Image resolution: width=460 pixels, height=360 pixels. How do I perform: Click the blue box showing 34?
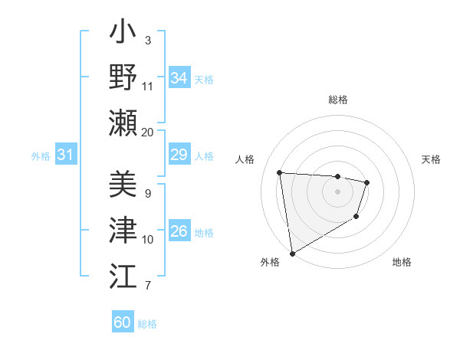[179, 78]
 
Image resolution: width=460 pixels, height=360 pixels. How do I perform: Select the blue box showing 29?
[179, 155]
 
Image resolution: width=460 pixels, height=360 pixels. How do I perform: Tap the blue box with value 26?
[179, 231]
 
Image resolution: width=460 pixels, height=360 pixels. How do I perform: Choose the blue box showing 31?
[66, 155]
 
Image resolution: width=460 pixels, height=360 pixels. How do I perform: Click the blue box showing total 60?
[123, 322]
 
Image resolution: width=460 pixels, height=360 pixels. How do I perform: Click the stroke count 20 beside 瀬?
[148, 133]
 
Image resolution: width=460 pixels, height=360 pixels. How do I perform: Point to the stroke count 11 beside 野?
[148, 86]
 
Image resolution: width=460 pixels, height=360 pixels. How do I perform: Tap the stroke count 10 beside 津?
[148, 240]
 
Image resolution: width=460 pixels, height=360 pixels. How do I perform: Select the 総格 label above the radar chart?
[337, 100]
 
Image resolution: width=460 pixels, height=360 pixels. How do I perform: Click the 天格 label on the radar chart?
[431, 159]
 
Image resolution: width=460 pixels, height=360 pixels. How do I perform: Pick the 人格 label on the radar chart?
[245, 159]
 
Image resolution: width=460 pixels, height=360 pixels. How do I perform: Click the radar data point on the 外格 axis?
[292, 253]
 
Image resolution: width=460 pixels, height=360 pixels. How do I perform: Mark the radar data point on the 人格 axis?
[280, 172]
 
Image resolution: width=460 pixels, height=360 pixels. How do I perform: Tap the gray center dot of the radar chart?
[337, 191]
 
